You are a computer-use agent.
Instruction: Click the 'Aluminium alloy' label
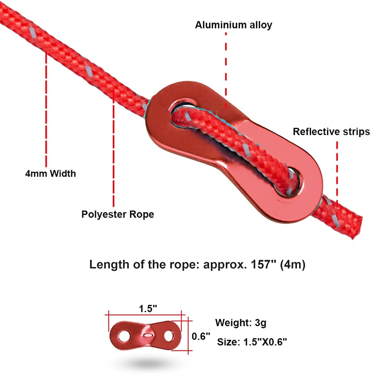point(233,25)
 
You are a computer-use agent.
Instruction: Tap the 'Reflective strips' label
point(331,132)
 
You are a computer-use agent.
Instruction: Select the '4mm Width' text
point(50,173)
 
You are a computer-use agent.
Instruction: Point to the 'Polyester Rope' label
point(117,214)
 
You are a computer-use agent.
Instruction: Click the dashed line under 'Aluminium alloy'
point(226,69)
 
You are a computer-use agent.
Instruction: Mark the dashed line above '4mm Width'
point(46,109)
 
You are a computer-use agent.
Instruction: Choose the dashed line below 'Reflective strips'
point(337,171)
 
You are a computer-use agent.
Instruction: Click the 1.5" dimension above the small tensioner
point(148,308)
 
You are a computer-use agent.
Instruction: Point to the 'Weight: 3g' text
point(240,323)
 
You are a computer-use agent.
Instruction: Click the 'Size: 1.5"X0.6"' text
point(252,342)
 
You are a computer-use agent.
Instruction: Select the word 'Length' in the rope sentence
point(105,265)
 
